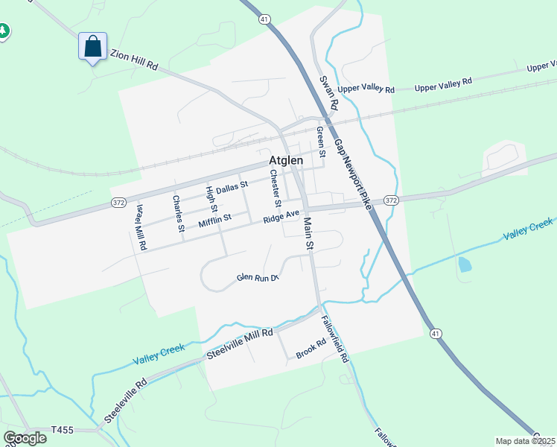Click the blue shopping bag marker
coord(93,46)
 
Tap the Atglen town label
coord(286,162)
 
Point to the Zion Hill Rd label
coord(135,60)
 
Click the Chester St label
coord(276,188)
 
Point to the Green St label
coord(321,142)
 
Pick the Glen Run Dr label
coord(257,277)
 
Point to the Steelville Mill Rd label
coord(241,343)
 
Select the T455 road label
coord(64,430)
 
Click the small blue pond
coord(465,264)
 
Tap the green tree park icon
coord(3,31)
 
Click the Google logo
coord(25,437)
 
